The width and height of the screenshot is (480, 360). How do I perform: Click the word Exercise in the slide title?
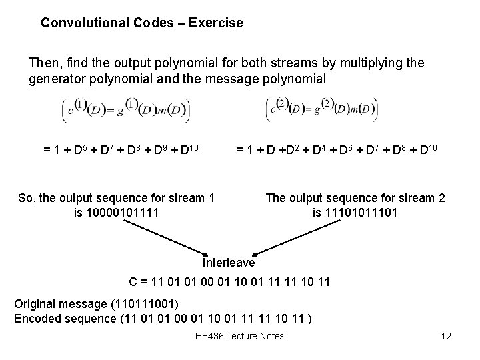click(x=216, y=23)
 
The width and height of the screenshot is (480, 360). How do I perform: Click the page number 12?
click(x=446, y=336)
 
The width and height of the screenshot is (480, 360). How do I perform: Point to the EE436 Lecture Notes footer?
click(x=239, y=336)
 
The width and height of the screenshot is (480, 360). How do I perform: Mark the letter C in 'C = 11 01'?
click(x=133, y=283)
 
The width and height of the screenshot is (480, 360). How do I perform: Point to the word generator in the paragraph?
click(x=55, y=79)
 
